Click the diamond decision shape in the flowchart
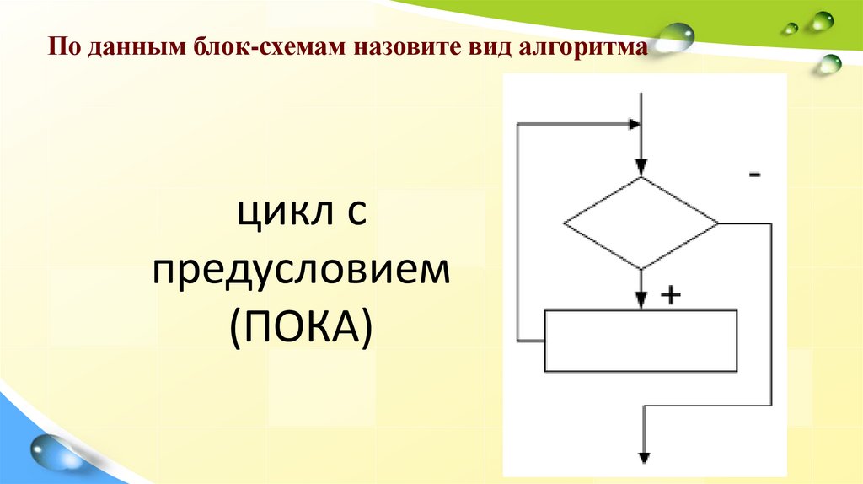point(641,224)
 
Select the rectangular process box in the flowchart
point(641,341)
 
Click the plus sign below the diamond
point(671,295)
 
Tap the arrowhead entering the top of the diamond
point(641,168)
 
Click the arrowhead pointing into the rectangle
point(641,301)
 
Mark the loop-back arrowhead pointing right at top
point(633,124)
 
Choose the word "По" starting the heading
point(59,48)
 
